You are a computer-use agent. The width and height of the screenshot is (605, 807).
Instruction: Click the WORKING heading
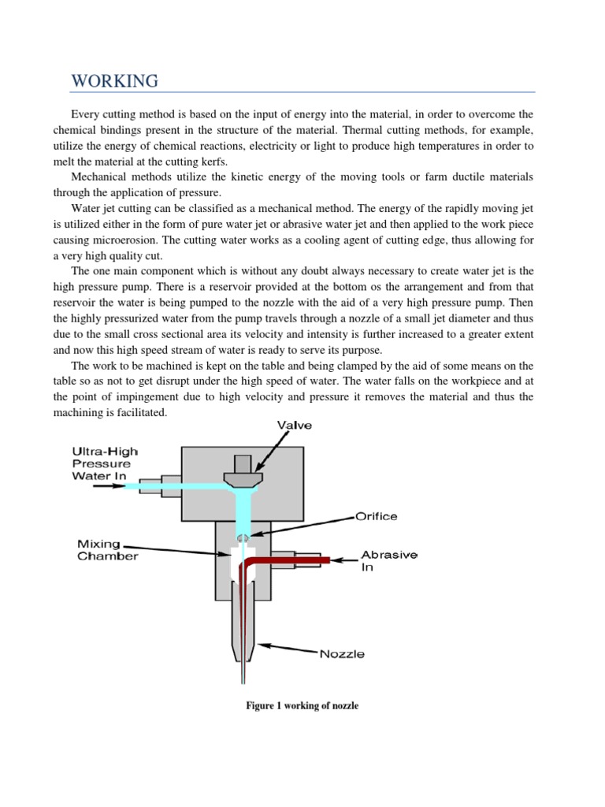click(114, 81)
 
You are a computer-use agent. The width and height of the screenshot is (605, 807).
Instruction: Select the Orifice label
click(375, 516)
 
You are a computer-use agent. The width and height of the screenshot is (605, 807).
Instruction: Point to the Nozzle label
click(342, 654)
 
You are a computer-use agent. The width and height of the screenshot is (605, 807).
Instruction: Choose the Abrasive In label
click(389, 560)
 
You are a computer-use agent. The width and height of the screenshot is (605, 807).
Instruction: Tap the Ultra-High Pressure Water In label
click(104, 463)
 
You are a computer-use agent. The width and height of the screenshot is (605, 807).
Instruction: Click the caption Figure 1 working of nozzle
click(302, 705)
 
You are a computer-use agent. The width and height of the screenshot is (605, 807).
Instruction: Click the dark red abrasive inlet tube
click(291, 560)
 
